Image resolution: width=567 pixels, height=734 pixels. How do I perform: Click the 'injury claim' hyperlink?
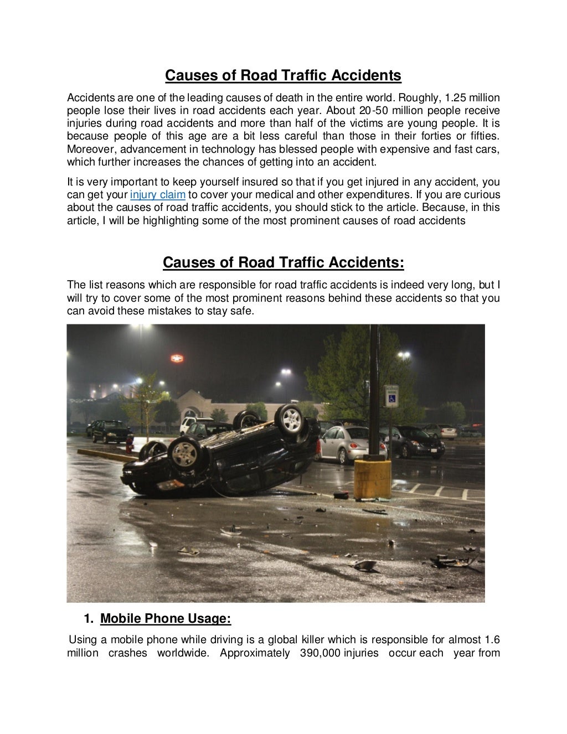(157, 195)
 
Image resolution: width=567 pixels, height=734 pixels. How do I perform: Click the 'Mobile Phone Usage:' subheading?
(165, 618)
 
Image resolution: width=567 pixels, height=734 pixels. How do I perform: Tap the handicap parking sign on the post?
(392, 396)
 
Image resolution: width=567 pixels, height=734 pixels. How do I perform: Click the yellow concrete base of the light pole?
(372, 479)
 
